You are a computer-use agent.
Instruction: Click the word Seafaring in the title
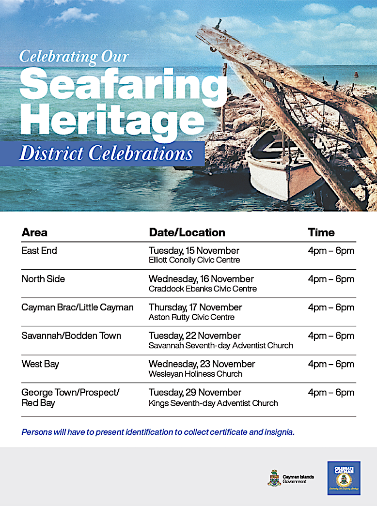pyautogui.click(x=123, y=86)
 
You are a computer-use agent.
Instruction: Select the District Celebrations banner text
pyautogui.click(x=106, y=153)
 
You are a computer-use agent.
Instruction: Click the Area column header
pyautogui.click(x=34, y=232)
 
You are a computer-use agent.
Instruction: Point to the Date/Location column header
pyautogui.click(x=187, y=232)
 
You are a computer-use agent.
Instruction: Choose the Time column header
pyautogui.click(x=321, y=232)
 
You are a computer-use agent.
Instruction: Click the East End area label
pyautogui.click(x=39, y=251)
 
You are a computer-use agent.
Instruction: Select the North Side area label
pyautogui.click(x=43, y=279)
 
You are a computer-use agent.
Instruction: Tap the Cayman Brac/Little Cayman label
pyautogui.click(x=78, y=307)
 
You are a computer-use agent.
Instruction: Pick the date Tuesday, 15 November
pyautogui.click(x=194, y=251)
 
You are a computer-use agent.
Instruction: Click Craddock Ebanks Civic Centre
pyautogui.click(x=203, y=289)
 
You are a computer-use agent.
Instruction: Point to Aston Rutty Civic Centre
pyautogui.click(x=191, y=318)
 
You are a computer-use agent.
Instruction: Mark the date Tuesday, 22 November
pyautogui.click(x=195, y=336)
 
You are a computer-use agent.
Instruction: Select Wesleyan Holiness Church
pyautogui.click(x=195, y=374)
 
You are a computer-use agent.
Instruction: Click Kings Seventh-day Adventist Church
pyautogui.click(x=213, y=403)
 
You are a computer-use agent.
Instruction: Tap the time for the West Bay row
pyautogui.click(x=331, y=364)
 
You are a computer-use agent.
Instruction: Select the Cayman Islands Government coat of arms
pyautogui.click(x=274, y=477)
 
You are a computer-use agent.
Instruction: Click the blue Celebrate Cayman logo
pyautogui.click(x=344, y=478)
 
